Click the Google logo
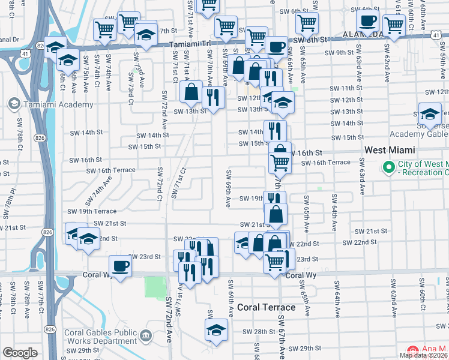click(x=20, y=353)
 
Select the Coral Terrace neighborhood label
click(x=266, y=307)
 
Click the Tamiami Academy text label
click(x=58, y=104)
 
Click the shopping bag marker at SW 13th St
click(x=191, y=92)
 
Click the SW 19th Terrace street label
click(x=92, y=211)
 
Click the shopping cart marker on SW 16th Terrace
click(x=280, y=162)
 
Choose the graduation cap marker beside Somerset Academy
click(x=430, y=114)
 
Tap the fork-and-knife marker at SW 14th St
click(x=275, y=130)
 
